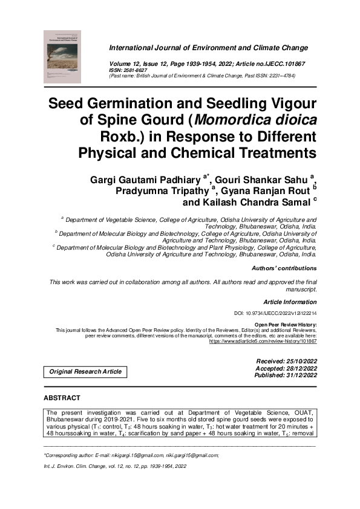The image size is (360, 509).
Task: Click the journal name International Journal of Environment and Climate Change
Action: point(208,48)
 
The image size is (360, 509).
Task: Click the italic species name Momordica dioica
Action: point(263,119)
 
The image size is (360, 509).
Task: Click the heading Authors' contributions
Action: point(284,268)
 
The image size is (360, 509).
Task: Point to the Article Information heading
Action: point(290,302)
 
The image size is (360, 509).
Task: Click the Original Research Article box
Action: point(85,371)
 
